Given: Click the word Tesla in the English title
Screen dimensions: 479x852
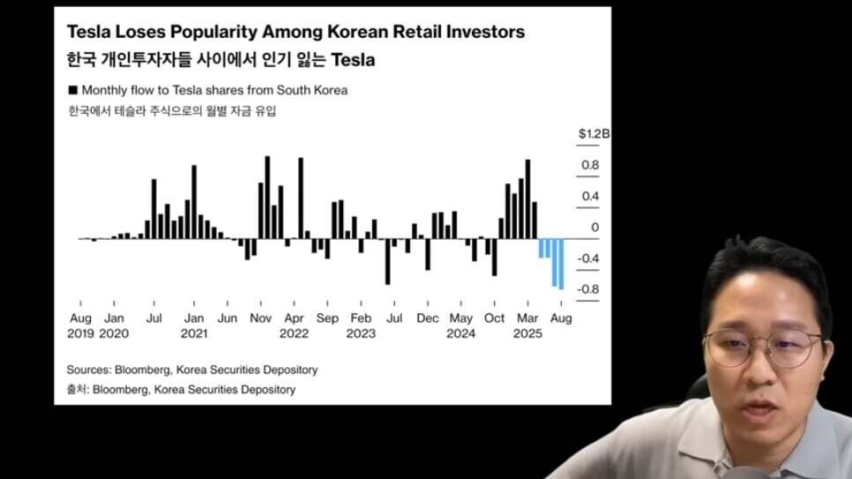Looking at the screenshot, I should tap(90, 32).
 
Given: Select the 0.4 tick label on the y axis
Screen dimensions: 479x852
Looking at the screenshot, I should tap(590, 196).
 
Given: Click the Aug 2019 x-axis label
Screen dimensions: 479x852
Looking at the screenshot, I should tap(80, 326).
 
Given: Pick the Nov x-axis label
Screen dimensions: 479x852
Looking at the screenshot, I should tap(260, 318).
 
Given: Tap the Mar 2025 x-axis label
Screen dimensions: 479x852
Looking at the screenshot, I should tap(527, 326).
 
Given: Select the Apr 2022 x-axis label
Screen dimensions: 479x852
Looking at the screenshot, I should tap(295, 326).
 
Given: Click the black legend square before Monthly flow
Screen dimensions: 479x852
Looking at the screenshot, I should tap(71, 90).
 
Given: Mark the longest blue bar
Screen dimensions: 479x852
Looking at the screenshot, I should tap(561, 264).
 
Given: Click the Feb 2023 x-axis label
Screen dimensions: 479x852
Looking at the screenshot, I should tap(361, 326).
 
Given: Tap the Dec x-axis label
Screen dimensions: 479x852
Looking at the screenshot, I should tap(428, 318).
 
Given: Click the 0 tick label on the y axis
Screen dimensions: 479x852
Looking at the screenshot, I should tap(595, 228).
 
